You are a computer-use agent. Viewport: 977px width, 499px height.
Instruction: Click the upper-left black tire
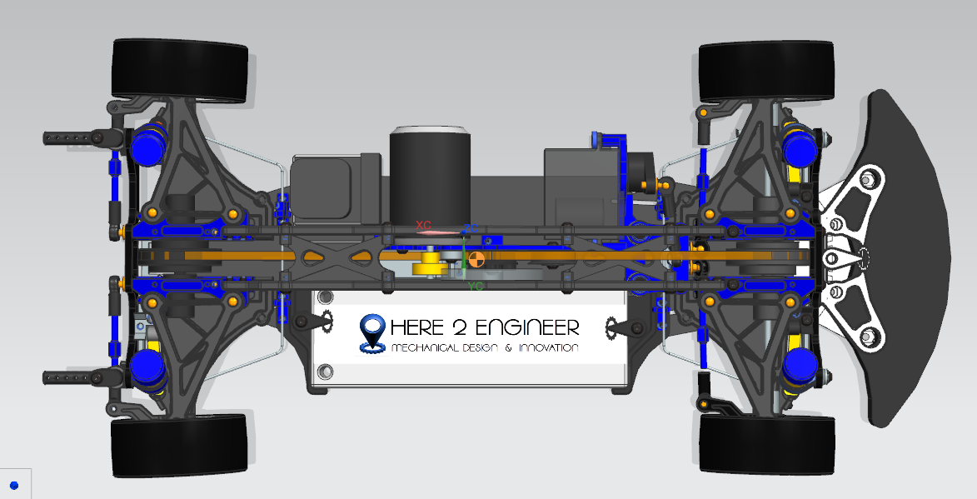179,71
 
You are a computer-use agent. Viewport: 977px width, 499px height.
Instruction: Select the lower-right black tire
767,445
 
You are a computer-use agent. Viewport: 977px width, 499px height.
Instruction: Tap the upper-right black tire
766,72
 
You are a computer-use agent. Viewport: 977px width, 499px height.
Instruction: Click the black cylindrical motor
429,173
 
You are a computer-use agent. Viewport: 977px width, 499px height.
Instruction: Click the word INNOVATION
548,347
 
